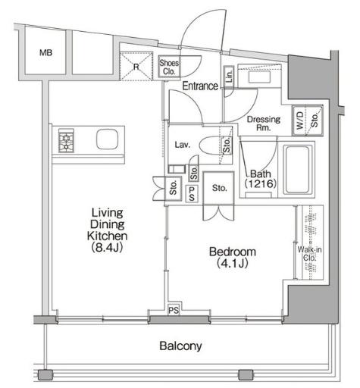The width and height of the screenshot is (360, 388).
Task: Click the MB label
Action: point(46,52)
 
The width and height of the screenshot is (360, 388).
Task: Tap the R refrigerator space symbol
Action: point(136,66)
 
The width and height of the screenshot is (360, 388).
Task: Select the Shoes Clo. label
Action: point(169,67)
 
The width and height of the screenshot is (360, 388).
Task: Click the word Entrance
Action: point(200,86)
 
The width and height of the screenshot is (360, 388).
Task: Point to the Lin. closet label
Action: point(229,76)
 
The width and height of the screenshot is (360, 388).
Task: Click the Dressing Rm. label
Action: point(264,123)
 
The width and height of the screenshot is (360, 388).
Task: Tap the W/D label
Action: point(299,120)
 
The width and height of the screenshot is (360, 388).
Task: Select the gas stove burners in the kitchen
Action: point(66,141)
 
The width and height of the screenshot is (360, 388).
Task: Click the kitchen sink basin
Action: point(107,139)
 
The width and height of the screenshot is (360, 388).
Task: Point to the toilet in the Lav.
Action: point(211,145)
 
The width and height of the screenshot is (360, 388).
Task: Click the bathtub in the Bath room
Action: point(298,169)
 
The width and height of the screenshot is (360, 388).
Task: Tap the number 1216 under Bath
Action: point(260,183)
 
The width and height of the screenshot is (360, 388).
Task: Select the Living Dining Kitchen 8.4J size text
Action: point(107,247)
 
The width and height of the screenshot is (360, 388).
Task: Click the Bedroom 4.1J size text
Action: point(233,263)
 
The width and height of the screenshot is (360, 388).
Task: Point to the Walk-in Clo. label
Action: point(309,254)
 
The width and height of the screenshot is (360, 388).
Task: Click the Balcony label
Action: point(180,346)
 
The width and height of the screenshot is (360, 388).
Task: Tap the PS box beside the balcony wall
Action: point(174,310)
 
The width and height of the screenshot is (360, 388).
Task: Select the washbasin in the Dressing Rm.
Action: point(259,77)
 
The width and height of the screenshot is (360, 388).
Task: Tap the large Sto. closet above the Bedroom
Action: point(219,188)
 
